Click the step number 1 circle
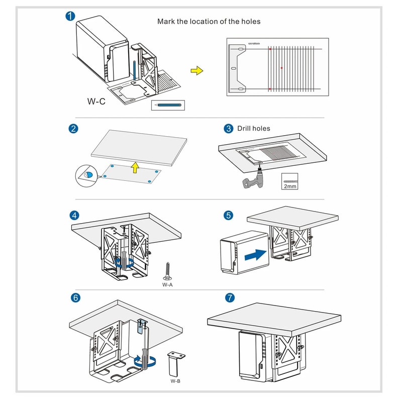point(71,16)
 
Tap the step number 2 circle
point(73,129)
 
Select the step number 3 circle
point(229,129)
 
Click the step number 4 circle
point(74,216)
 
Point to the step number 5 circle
point(229,216)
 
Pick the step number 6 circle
point(75,297)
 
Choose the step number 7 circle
point(230,297)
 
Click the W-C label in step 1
point(96,101)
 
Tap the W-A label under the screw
point(167,284)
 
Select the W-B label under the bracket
point(175,381)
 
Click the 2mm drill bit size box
point(289,182)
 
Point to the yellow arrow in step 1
point(199,70)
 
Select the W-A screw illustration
point(167,272)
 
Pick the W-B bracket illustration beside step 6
point(176,364)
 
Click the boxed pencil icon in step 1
point(168,105)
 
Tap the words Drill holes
point(254,129)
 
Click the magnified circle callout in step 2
point(87,174)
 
